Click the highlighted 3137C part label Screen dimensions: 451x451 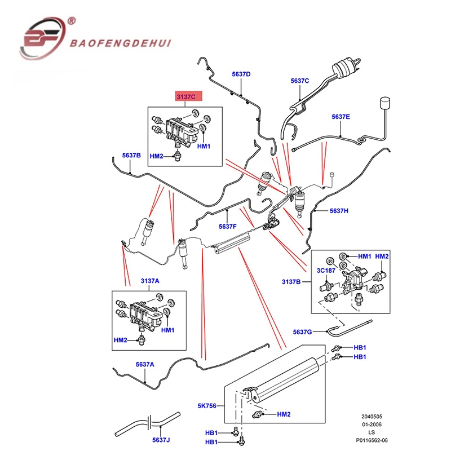click(x=187, y=96)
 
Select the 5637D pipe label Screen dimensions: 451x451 click(x=241, y=74)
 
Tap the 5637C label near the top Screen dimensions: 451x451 click(x=300, y=81)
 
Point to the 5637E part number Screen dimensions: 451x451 click(x=341, y=117)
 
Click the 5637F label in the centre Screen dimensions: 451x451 click(x=227, y=226)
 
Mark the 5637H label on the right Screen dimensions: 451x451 click(x=339, y=211)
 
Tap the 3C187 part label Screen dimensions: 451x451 click(x=326, y=271)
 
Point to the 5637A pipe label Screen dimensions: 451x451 click(x=145, y=364)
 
